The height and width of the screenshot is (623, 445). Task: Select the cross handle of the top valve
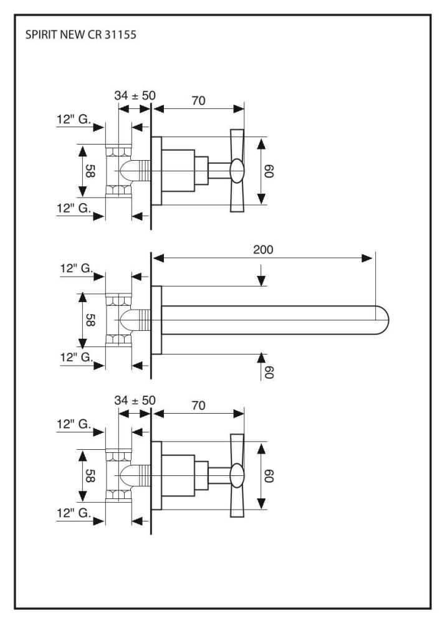coord(238,170)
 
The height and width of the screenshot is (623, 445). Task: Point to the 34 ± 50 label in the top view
coord(135,95)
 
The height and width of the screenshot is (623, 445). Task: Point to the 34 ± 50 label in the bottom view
coord(135,400)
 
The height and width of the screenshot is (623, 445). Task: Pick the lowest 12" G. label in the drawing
coord(73,515)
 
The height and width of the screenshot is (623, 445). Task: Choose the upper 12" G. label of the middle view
coord(77,269)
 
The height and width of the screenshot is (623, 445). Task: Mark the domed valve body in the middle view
coord(127,320)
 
